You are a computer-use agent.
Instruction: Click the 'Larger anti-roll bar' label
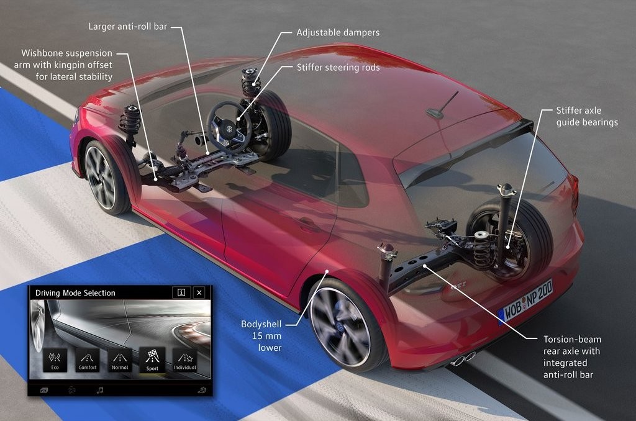tap(128, 27)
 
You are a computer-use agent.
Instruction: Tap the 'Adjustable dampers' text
tap(338, 32)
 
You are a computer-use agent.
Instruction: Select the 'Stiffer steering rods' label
tap(338, 67)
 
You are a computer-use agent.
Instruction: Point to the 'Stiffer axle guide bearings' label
tap(587, 116)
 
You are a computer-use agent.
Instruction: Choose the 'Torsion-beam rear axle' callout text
tap(572, 357)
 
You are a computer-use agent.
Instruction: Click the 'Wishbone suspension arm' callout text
tap(63, 65)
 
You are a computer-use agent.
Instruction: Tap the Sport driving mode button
tap(152, 360)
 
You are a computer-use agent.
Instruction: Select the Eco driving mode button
tap(55, 360)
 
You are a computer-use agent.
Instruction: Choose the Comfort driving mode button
tap(88, 360)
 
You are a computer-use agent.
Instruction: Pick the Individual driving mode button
tap(184, 360)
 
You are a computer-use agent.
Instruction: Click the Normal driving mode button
tap(120, 360)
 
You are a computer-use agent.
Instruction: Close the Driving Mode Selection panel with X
tap(199, 292)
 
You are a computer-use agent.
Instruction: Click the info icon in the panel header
tap(181, 292)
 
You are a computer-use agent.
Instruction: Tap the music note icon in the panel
tap(100, 390)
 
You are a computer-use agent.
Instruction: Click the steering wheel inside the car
tap(230, 125)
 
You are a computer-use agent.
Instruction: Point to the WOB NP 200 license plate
tap(526, 302)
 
